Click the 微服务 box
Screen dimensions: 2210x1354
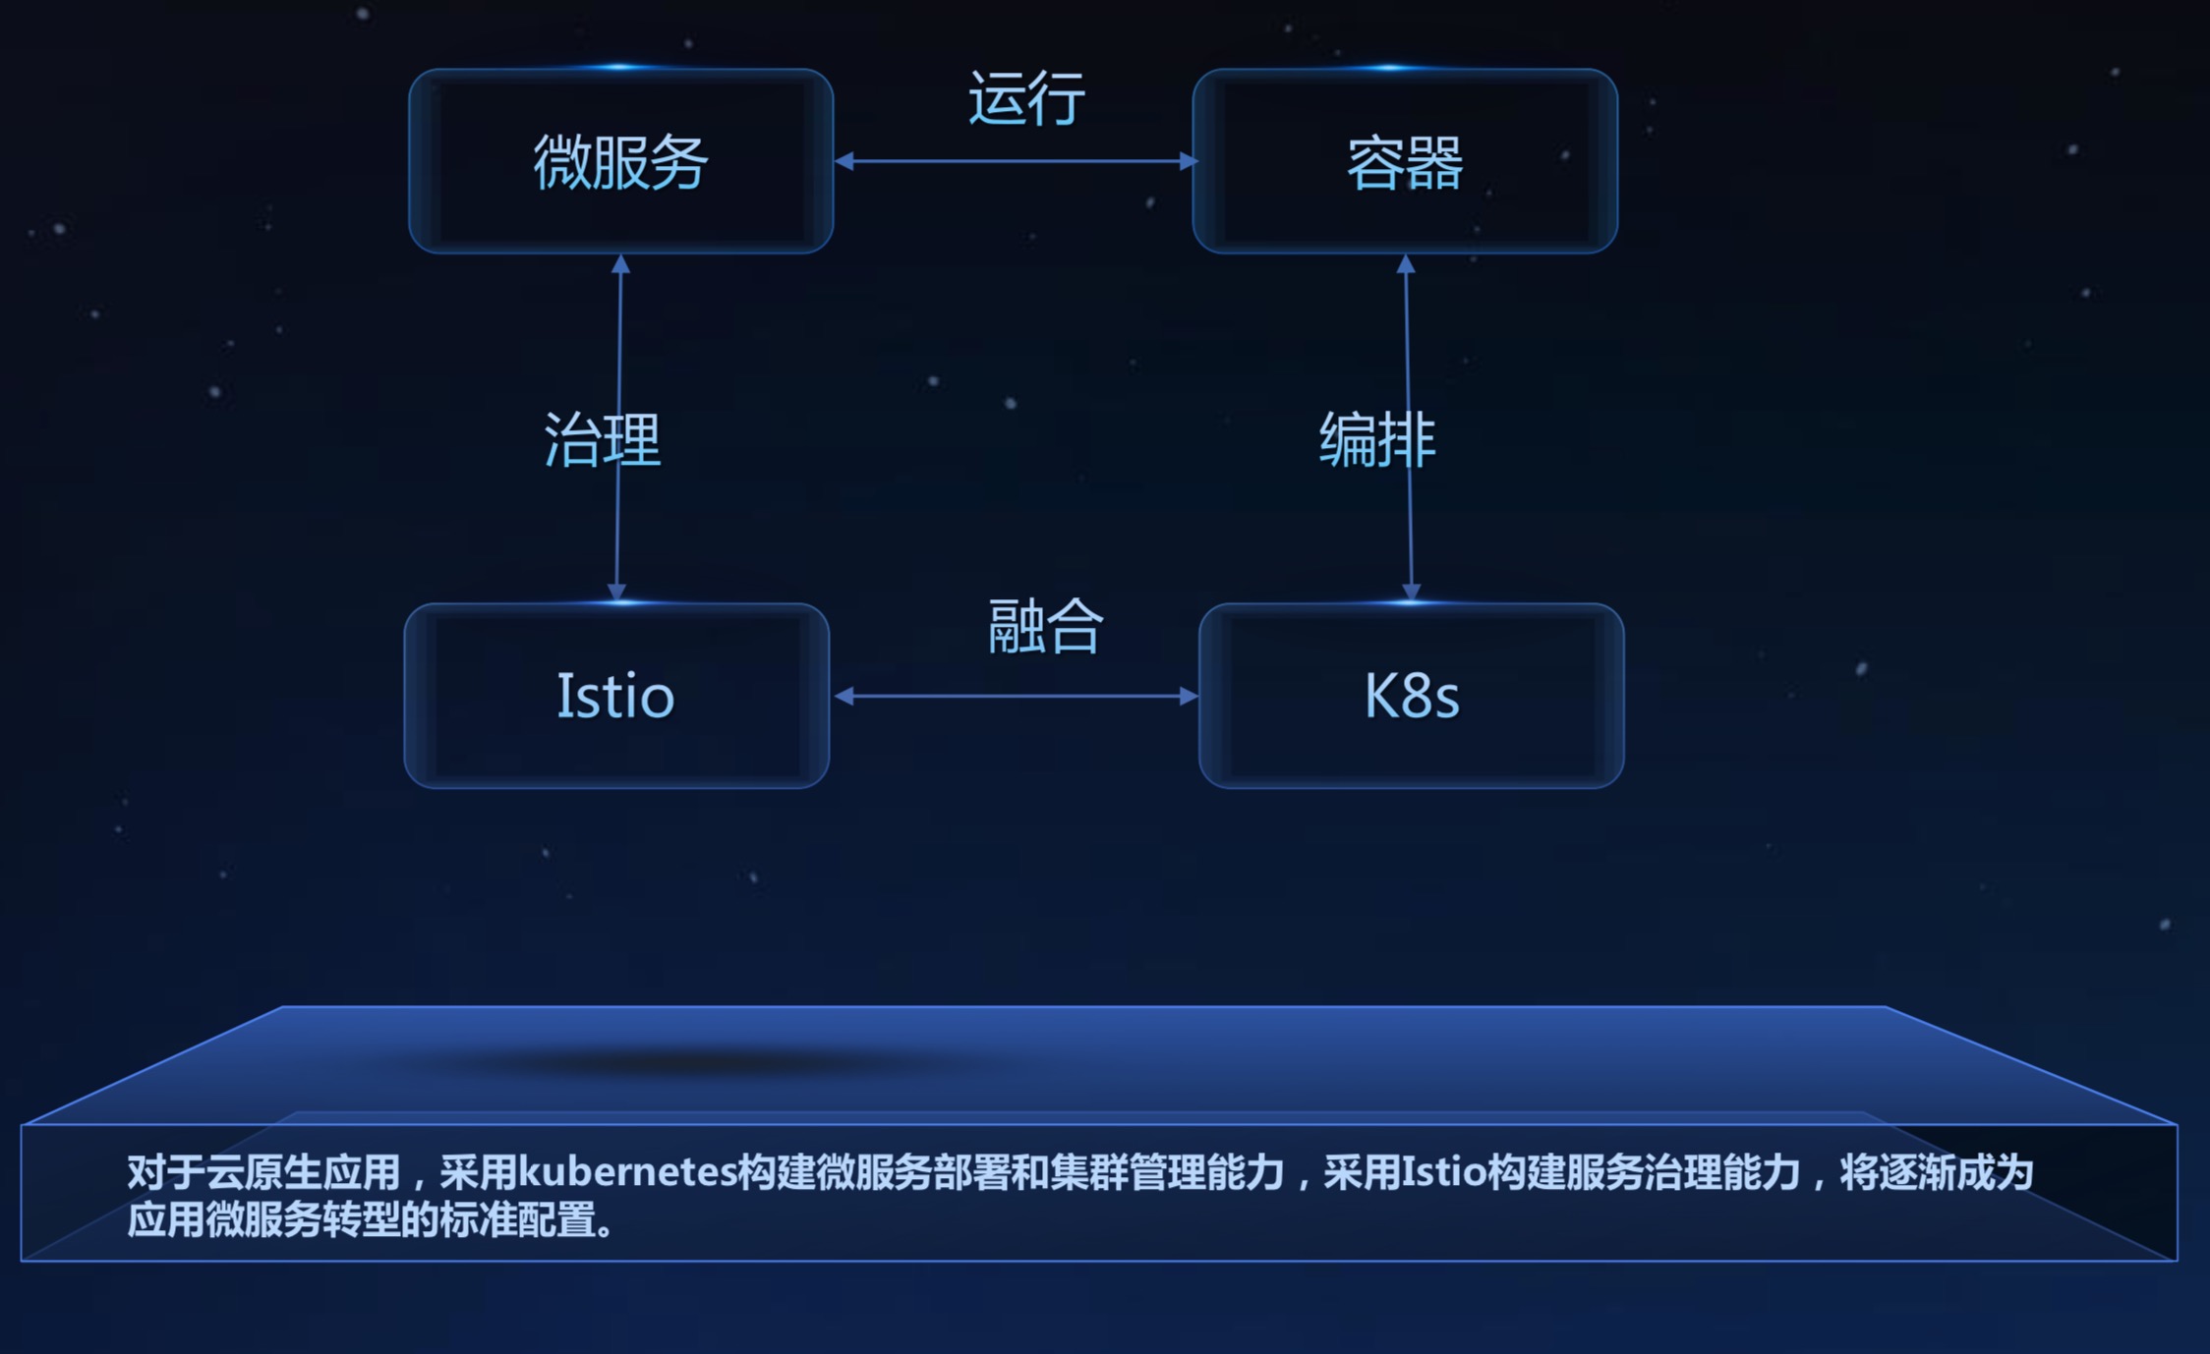[x=620, y=161]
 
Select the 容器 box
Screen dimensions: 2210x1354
[x=1405, y=161]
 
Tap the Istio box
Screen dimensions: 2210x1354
[x=616, y=696]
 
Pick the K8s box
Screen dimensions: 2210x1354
[x=1411, y=696]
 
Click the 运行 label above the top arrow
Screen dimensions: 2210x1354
[x=1026, y=98]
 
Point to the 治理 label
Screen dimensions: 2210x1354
[x=602, y=439]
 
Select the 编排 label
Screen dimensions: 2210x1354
[x=1376, y=439]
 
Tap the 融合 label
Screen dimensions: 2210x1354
[x=1045, y=626]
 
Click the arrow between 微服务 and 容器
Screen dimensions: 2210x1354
[x=1015, y=161]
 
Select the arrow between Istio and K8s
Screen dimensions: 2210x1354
[x=1015, y=697]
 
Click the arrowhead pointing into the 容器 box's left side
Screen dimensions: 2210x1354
[x=1188, y=161]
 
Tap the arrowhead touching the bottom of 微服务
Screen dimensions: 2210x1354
[x=620, y=264]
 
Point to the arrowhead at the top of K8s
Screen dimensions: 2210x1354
[x=1411, y=592]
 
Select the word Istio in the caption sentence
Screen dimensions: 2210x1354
[x=1443, y=1172]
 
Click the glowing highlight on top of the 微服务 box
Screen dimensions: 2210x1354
[x=620, y=68]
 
